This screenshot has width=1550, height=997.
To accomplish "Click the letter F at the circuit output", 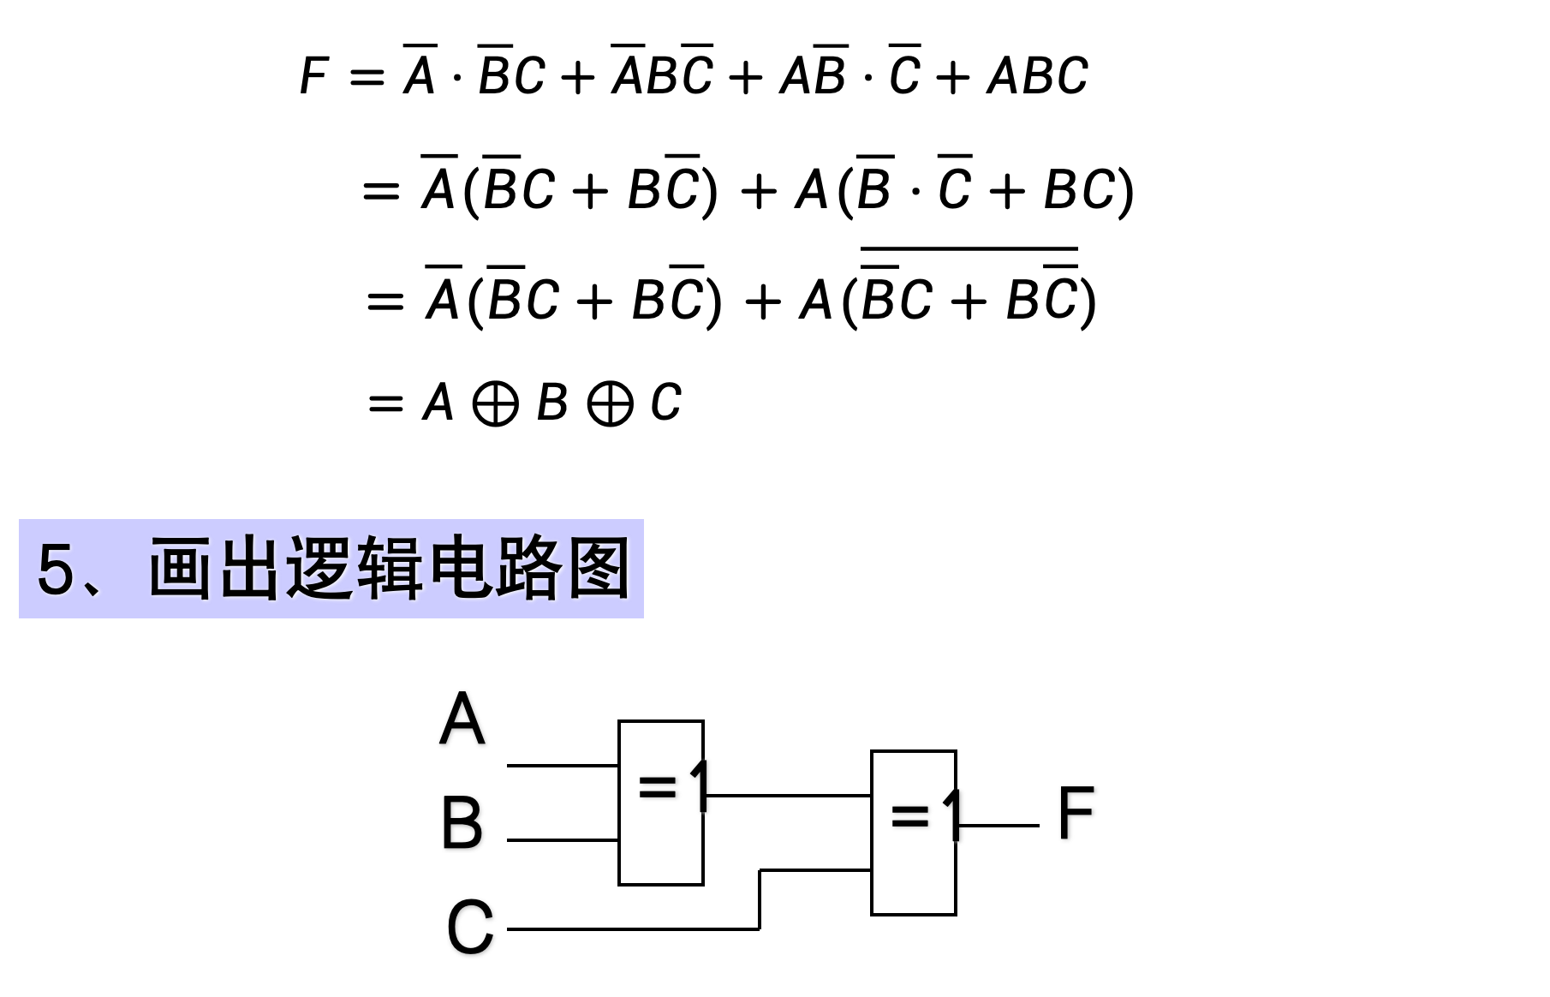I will [x=1076, y=812].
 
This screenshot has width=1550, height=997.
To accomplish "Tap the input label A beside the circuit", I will [x=462, y=719].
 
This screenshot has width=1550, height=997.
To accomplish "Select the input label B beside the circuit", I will [x=462, y=822].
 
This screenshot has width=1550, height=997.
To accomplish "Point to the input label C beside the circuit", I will [x=470, y=927].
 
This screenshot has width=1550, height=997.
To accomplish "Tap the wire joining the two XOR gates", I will [x=788, y=796].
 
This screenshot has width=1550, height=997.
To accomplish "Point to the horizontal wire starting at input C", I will [x=634, y=928].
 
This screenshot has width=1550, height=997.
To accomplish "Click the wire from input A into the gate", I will [x=563, y=765].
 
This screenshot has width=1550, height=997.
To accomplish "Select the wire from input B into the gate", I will [x=563, y=840].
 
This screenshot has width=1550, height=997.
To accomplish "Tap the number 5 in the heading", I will [x=57, y=570].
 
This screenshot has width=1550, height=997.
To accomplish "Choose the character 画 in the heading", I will [x=181, y=569].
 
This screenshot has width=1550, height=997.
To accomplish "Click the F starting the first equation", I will [x=313, y=75].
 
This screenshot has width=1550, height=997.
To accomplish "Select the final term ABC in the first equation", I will [x=1037, y=75].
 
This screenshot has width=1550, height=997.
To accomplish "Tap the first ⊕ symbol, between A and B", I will [x=495, y=403].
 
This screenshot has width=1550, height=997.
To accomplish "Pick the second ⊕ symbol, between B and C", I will [x=610, y=403].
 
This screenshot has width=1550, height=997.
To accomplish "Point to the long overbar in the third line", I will [x=969, y=248].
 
